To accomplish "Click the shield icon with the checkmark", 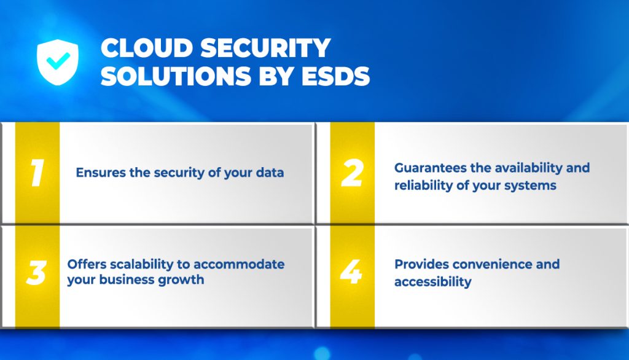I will [58, 61].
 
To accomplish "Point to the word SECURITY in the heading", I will [265, 48].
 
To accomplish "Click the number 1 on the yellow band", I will [37, 173].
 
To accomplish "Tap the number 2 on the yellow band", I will [352, 173].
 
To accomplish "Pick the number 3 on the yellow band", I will [37, 273].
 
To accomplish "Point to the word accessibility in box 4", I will [432, 283].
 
